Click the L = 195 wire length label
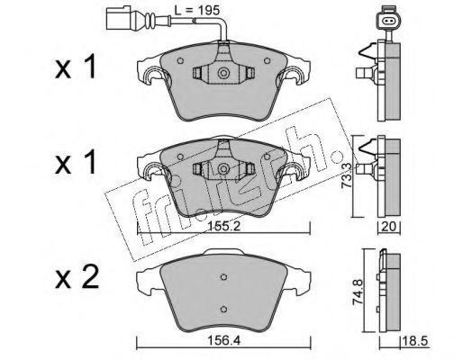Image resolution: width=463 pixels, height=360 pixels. tap(197, 11)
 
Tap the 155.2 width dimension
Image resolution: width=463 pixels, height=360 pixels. tap(222, 227)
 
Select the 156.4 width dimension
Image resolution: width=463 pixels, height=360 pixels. tap(223, 340)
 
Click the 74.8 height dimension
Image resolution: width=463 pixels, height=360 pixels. tap(359, 292)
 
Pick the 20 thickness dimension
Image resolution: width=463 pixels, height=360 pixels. tap(388, 226)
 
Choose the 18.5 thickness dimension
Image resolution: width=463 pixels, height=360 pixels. tap(415, 341)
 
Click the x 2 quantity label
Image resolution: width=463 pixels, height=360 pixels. tap(77, 277)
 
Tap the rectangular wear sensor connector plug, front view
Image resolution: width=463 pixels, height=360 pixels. tap(118, 19)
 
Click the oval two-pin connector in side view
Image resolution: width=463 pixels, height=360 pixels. tap(388, 21)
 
